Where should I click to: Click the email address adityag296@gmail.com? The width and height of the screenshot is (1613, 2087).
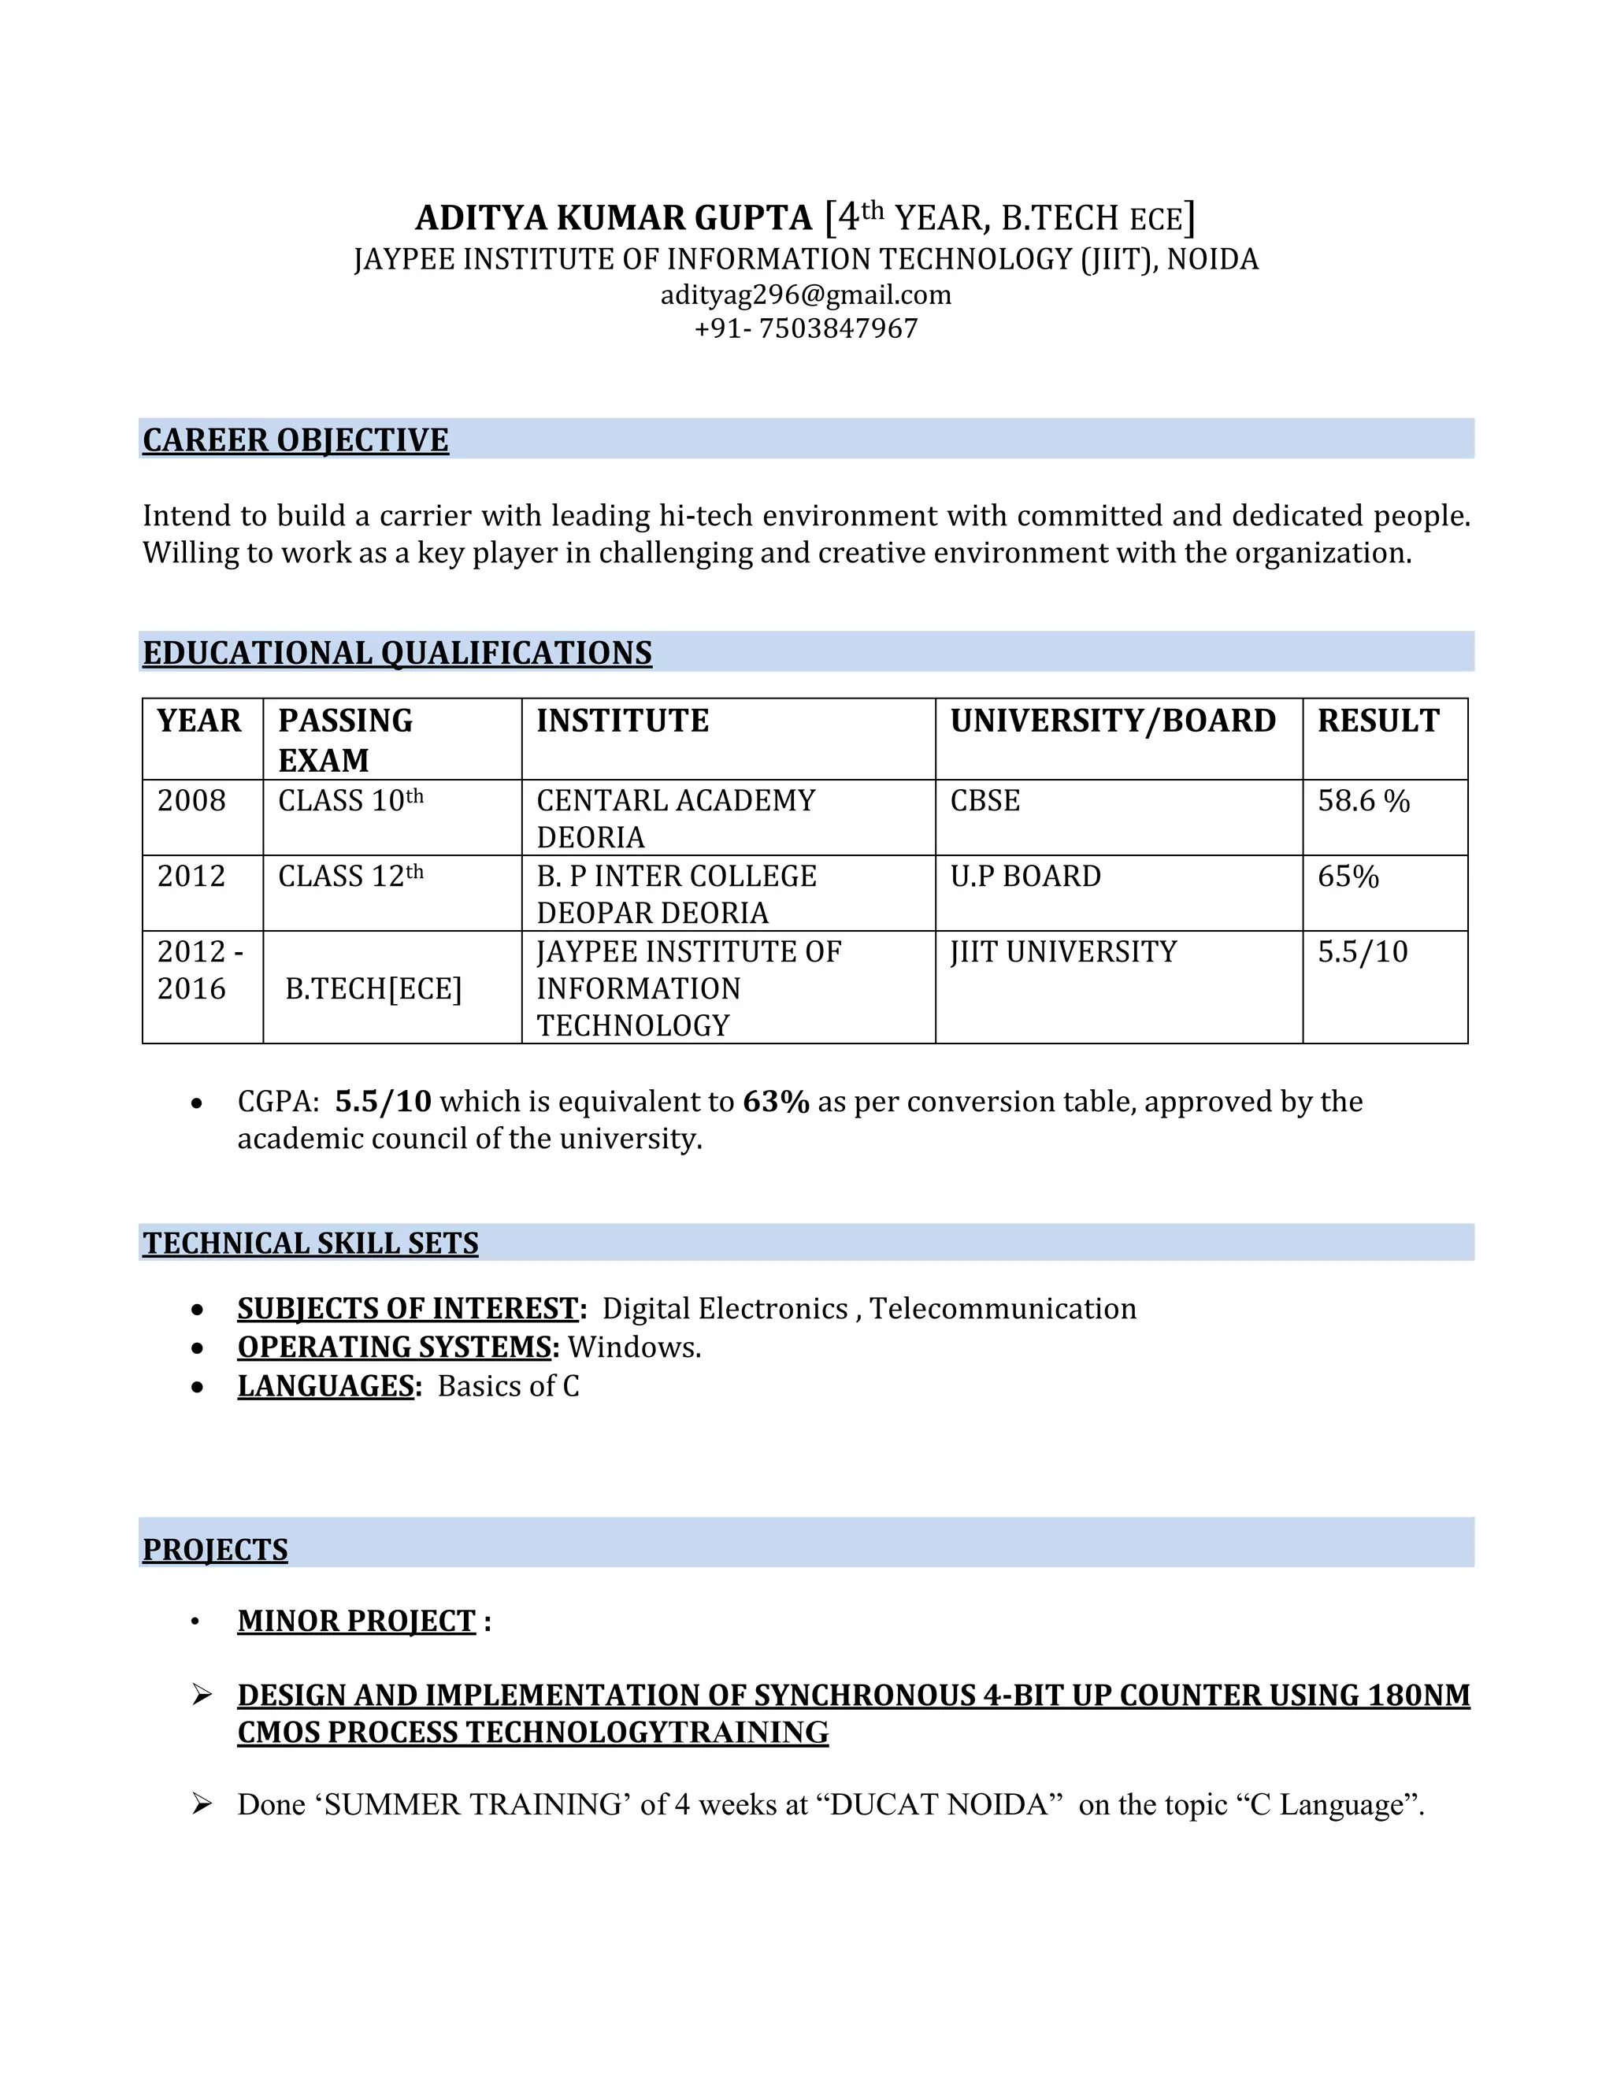(806, 295)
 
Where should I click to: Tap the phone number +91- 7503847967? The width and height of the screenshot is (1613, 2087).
(806, 328)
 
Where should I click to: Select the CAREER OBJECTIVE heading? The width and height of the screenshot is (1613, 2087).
(295, 440)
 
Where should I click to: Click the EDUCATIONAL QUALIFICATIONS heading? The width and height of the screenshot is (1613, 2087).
(397, 653)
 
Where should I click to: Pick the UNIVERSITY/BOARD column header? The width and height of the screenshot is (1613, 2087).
(1112, 721)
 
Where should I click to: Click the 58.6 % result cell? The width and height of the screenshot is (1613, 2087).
(1363, 801)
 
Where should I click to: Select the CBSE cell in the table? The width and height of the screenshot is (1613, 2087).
(984, 801)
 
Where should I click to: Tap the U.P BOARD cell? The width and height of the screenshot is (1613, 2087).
(1025, 877)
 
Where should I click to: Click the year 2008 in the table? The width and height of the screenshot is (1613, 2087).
(191, 801)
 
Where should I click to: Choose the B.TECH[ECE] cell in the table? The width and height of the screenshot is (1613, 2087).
(373, 989)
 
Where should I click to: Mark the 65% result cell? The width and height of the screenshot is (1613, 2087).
(1348, 877)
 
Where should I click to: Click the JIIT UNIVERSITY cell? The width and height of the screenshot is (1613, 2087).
(1062, 952)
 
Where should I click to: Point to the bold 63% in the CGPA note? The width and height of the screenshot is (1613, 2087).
(776, 1102)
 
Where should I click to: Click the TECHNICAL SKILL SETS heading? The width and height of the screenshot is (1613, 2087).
(310, 1244)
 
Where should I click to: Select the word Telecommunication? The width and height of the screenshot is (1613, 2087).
(1003, 1308)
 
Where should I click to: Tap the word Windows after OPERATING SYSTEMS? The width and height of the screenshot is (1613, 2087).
(632, 1347)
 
